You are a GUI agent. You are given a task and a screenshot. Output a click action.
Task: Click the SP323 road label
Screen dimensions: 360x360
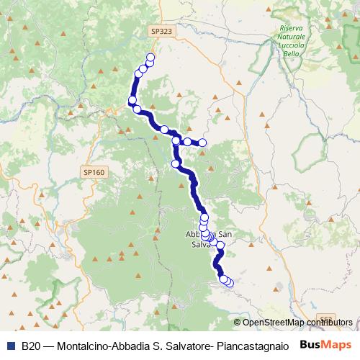(x=162, y=32)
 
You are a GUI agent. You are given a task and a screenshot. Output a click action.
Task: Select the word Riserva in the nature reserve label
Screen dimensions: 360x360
(x=292, y=29)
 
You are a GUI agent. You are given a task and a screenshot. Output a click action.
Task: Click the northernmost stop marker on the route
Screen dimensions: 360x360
(x=150, y=58)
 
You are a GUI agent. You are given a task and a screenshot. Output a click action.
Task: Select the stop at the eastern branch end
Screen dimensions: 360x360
(x=202, y=143)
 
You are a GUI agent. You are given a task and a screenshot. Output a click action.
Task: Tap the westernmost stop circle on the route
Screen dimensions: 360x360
(x=132, y=100)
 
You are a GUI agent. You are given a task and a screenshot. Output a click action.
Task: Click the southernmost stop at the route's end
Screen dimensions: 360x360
(x=230, y=283)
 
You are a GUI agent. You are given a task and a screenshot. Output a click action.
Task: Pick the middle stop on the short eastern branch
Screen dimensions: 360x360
(x=187, y=142)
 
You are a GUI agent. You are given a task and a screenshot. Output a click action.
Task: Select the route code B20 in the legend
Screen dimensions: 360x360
(x=31, y=346)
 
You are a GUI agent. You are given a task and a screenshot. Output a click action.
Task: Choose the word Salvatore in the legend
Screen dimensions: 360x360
(x=186, y=346)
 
